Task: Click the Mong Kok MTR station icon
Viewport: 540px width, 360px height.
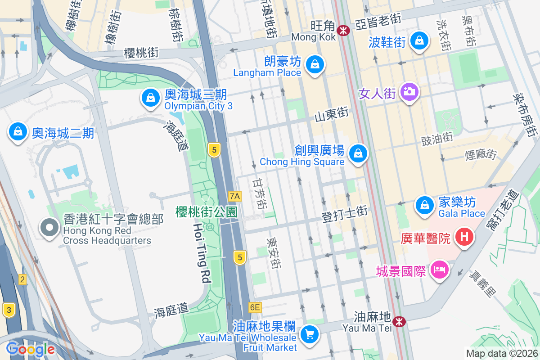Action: pos(344,31)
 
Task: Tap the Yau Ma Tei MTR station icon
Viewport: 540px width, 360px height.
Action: pos(398,321)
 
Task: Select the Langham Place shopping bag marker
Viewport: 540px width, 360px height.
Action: pos(315,64)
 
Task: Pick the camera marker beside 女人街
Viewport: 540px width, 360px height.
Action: pos(409,92)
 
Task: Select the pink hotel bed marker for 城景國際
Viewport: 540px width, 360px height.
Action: pos(439,270)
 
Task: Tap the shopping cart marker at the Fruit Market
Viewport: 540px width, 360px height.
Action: pos(310,334)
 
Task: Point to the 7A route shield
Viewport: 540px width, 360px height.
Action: pos(235,196)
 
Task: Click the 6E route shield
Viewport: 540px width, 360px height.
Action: pos(255,307)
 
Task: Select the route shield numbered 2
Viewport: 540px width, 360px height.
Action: pos(22,280)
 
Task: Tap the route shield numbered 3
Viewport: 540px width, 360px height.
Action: pos(8,310)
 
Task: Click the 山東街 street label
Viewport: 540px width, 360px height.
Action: pos(331,115)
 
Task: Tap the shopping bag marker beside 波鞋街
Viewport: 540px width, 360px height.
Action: pos(420,40)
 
